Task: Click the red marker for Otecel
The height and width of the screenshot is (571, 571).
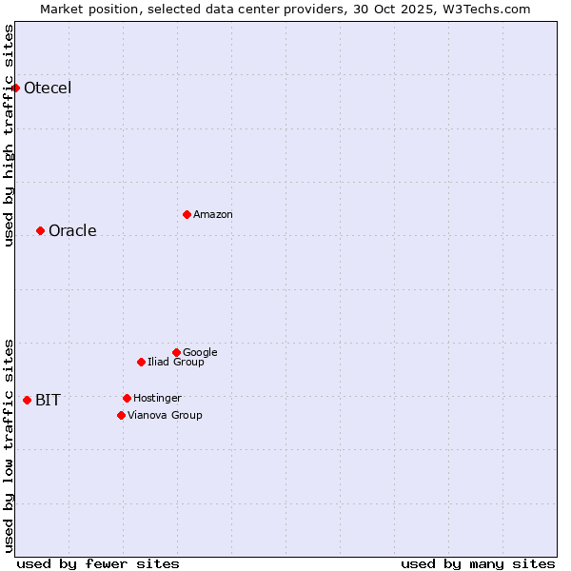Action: point(15,88)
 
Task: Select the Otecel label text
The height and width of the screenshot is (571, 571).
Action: point(48,89)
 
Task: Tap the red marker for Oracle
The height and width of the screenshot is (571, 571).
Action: point(40,230)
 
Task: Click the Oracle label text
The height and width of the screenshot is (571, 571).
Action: point(72,231)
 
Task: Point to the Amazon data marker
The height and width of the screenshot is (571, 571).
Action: point(187,214)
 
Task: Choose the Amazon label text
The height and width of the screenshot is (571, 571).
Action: point(213,215)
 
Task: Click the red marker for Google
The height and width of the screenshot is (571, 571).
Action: point(176,352)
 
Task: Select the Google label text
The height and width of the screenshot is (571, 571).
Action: point(200,353)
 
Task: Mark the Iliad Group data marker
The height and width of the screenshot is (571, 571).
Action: point(141,362)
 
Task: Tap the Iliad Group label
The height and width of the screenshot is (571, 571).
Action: point(176,363)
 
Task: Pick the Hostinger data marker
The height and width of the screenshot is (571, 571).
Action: point(127,398)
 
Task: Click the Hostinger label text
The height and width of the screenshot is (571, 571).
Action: point(157,399)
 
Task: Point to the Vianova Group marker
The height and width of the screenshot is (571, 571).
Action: point(121,415)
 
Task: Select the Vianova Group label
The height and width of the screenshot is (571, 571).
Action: point(165,416)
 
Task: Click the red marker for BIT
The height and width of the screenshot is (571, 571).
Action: point(27,400)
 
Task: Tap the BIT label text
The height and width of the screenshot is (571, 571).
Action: point(48,401)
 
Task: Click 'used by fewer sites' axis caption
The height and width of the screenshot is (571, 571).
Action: point(98,563)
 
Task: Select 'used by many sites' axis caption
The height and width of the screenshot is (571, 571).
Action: point(478,563)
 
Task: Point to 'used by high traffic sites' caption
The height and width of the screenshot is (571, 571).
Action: point(9,135)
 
